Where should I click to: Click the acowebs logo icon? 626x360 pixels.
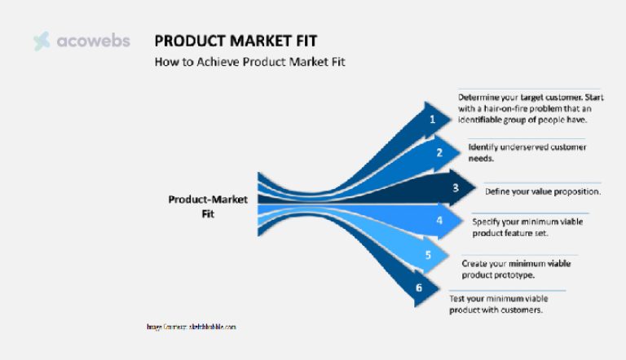[42, 41]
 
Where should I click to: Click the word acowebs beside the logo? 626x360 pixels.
[93, 41]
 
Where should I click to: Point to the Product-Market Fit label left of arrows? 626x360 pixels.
[207, 205]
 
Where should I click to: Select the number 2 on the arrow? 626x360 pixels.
[439, 151]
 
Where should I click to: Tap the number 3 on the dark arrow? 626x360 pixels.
[456, 188]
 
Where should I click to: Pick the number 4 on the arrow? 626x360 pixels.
[439, 220]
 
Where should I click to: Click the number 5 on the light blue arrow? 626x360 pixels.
[427, 255]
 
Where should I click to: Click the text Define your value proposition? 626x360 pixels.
[543, 191]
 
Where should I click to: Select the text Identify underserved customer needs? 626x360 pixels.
[527, 152]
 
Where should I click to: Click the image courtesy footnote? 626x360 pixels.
[191, 327]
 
